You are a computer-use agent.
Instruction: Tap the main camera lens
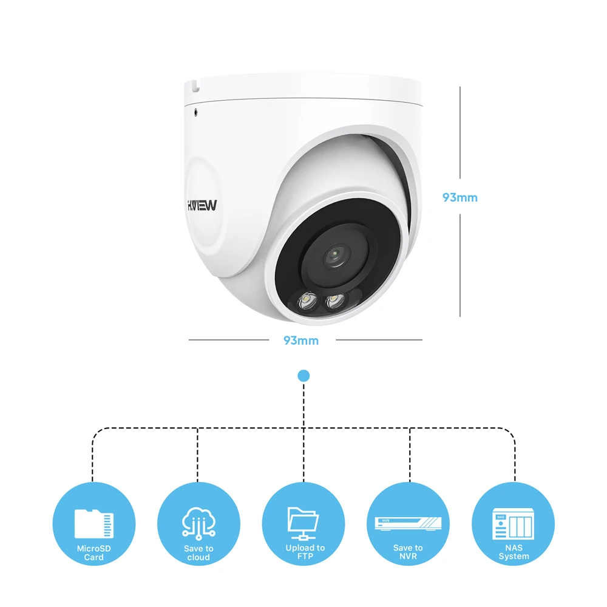pyautogui.click(x=334, y=256)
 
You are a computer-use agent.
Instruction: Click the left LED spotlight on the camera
pyautogui.click(x=305, y=300)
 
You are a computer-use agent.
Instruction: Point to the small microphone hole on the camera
pyautogui.click(x=196, y=112)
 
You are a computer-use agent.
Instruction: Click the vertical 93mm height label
pyautogui.click(x=459, y=197)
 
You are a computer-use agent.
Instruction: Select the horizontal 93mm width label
pyautogui.click(x=301, y=341)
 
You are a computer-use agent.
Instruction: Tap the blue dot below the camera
pyautogui.click(x=303, y=376)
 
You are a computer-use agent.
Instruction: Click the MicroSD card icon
pyautogui.click(x=94, y=524)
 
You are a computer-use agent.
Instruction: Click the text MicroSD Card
pyautogui.click(x=94, y=553)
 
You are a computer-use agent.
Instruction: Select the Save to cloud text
pyautogui.click(x=198, y=553)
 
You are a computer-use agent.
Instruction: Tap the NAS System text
pyautogui.click(x=514, y=552)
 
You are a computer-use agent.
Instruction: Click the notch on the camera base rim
pyautogui.click(x=195, y=87)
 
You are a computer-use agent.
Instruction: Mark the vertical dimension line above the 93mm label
pyautogui.click(x=460, y=134)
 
